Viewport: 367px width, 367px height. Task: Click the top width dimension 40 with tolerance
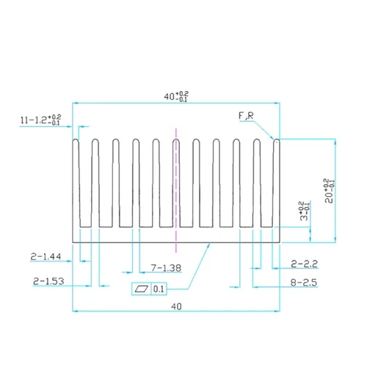pos(175,95)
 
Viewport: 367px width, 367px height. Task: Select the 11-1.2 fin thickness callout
pos(41,120)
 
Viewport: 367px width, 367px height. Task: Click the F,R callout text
pos(246,116)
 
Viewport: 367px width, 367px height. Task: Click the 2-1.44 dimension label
pos(46,258)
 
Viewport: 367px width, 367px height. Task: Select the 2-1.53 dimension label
pos(48,280)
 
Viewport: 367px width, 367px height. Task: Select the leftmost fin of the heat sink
pos(76,183)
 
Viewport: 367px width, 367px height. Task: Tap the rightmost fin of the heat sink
pos(276,183)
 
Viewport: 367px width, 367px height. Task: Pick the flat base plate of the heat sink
pos(175,235)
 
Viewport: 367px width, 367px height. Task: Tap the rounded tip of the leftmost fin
pos(76,141)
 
